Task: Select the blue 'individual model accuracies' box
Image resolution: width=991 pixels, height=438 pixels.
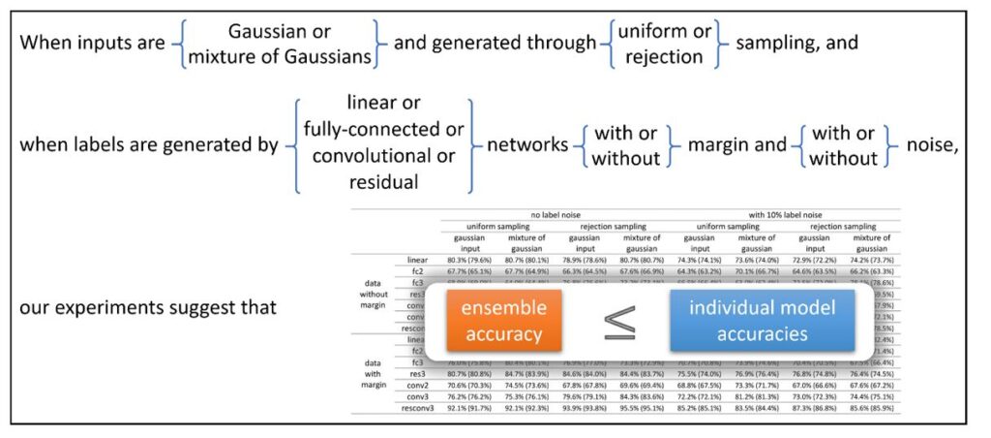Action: click(x=762, y=320)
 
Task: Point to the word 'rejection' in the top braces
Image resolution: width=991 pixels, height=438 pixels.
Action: click(x=663, y=56)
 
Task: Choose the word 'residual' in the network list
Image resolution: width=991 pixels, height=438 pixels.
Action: click(x=386, y=181)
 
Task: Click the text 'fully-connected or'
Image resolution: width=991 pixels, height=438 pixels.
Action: click(x=384, y=129)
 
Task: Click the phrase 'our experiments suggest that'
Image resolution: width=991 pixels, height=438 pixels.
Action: click(x=148, y=308)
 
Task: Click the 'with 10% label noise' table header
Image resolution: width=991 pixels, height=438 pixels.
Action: click(x=786, y=215)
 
